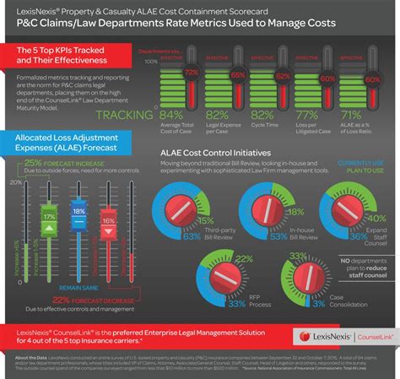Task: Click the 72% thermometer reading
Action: pos(192,73)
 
